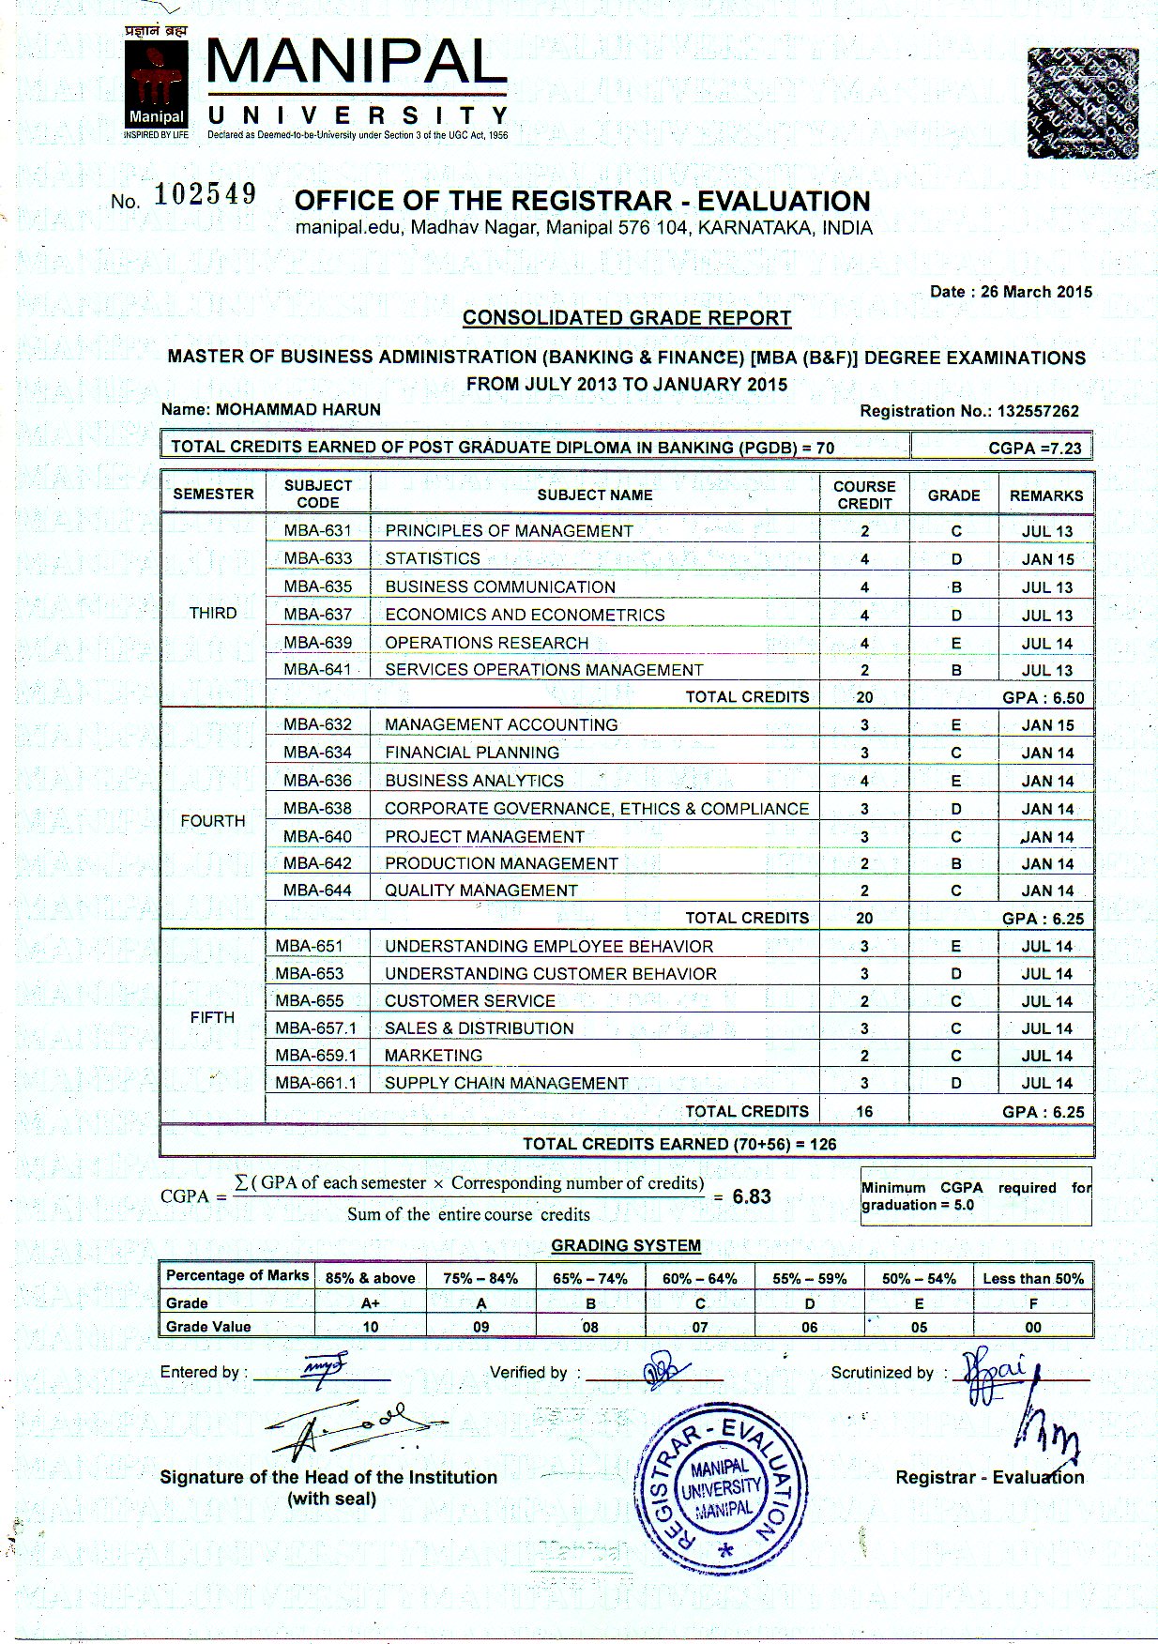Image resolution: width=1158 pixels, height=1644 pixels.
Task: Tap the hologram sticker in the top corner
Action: pos(1082,102)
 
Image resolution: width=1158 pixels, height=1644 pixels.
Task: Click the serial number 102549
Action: pos(206,195)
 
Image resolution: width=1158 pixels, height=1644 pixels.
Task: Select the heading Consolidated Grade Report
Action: pos(627,318)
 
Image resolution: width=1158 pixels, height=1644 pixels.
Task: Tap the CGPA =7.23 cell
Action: pos(1034,448)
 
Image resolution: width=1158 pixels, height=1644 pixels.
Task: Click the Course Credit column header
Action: pos(864,495)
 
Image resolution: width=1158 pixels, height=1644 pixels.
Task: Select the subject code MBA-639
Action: pos(318,643)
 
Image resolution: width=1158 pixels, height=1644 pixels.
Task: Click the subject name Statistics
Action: pos(433,558)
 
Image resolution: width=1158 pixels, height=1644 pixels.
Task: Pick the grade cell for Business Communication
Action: pos(956,587)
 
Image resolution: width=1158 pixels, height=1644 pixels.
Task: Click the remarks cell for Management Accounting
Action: pos(1047,725)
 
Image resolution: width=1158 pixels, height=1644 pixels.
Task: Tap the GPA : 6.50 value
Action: pos(1043,698)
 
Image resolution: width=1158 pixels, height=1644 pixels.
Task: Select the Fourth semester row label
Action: pos(213,821)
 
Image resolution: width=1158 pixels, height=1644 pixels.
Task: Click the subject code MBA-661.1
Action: pos(316,1083)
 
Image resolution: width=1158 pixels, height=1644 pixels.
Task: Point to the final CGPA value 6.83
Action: pos(752,1196)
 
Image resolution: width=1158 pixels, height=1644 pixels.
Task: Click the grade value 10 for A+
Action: pos(371,1327)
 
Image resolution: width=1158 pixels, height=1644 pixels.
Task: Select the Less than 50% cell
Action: pos(1033,1278)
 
